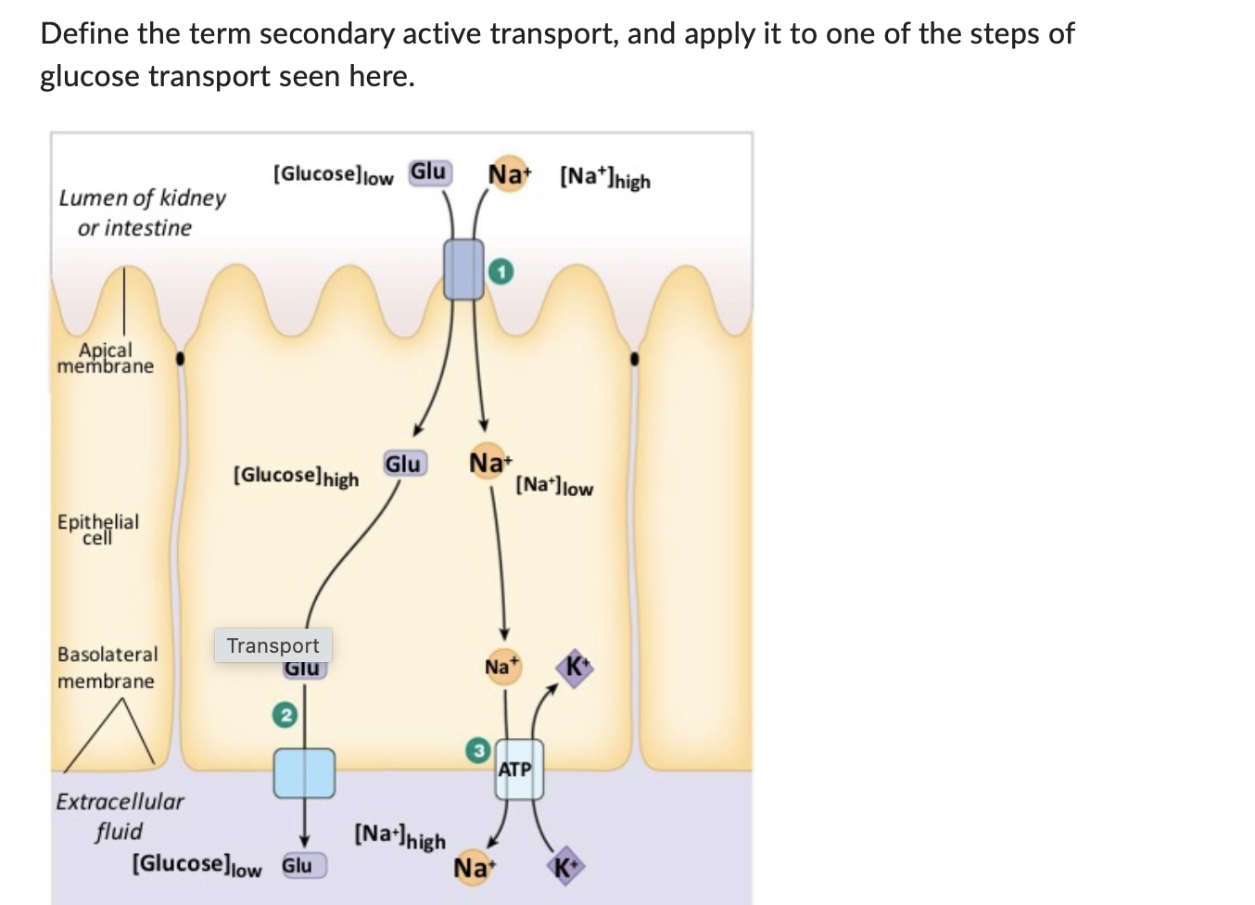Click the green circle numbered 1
pos(501,272)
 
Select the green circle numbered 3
pos(477,750)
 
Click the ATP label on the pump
pos(515,770)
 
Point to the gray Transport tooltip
pos(273,645)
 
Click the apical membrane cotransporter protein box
pos(463,269)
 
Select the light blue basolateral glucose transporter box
pos(304,773)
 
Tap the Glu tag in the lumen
pos(429,172)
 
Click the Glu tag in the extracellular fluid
pos(298,866)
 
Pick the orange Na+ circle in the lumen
pos(508,174)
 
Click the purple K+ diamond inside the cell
pos(575,668)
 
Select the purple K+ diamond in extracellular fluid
pos(566,868)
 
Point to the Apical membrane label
pos(106,358)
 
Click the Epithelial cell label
pos(98,529)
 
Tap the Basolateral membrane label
pos(107,668)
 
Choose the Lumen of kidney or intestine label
pos(141,212)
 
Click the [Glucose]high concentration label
pos(296,476)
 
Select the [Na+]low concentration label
pos(554,486)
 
